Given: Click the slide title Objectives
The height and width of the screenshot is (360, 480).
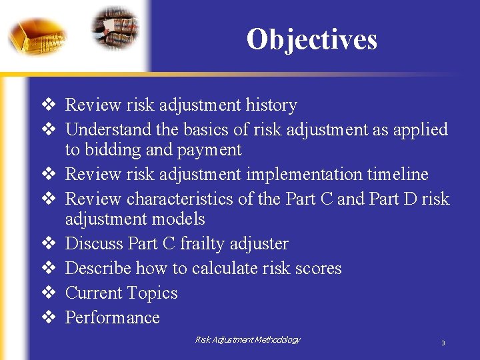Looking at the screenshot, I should tap(311, 39).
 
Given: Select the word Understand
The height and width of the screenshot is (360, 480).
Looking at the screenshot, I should tap(109, 129).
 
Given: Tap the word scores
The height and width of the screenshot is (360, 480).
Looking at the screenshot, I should tap(317, 269).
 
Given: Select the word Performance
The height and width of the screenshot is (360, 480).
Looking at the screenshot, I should tap(113, 318).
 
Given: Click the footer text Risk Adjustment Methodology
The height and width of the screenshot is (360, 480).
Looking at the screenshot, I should tap(247, 340).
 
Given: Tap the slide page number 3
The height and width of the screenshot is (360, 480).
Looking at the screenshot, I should tap(443, 343).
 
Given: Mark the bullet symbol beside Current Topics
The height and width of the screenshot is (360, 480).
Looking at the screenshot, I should tap(49, 293).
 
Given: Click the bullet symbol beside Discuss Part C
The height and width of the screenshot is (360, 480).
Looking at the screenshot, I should tap(49, 244).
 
